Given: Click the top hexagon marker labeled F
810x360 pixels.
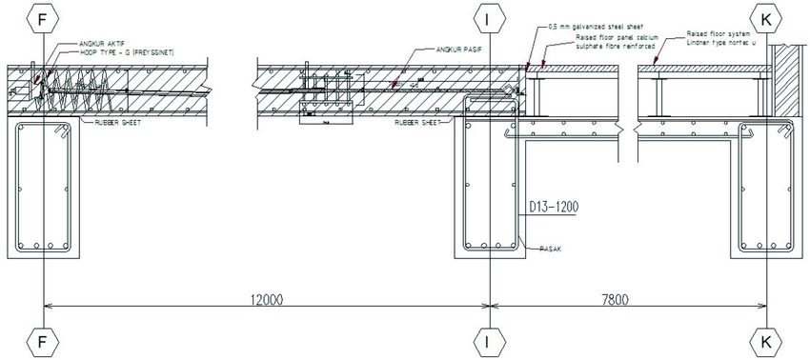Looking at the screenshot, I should tap(45, 17).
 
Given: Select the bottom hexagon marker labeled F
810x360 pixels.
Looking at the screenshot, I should tap(45, 340).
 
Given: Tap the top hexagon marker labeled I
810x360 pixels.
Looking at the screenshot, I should tap(488, 17).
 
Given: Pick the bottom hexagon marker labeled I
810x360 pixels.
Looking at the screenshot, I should tap(488, 340).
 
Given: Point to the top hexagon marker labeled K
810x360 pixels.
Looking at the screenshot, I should tap(768, 17).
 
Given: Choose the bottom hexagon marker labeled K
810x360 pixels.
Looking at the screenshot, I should tap(768, 340).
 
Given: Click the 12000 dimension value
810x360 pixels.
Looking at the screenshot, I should tap(267, 297).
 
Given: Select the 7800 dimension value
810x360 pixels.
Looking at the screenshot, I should tap(628, 297).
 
